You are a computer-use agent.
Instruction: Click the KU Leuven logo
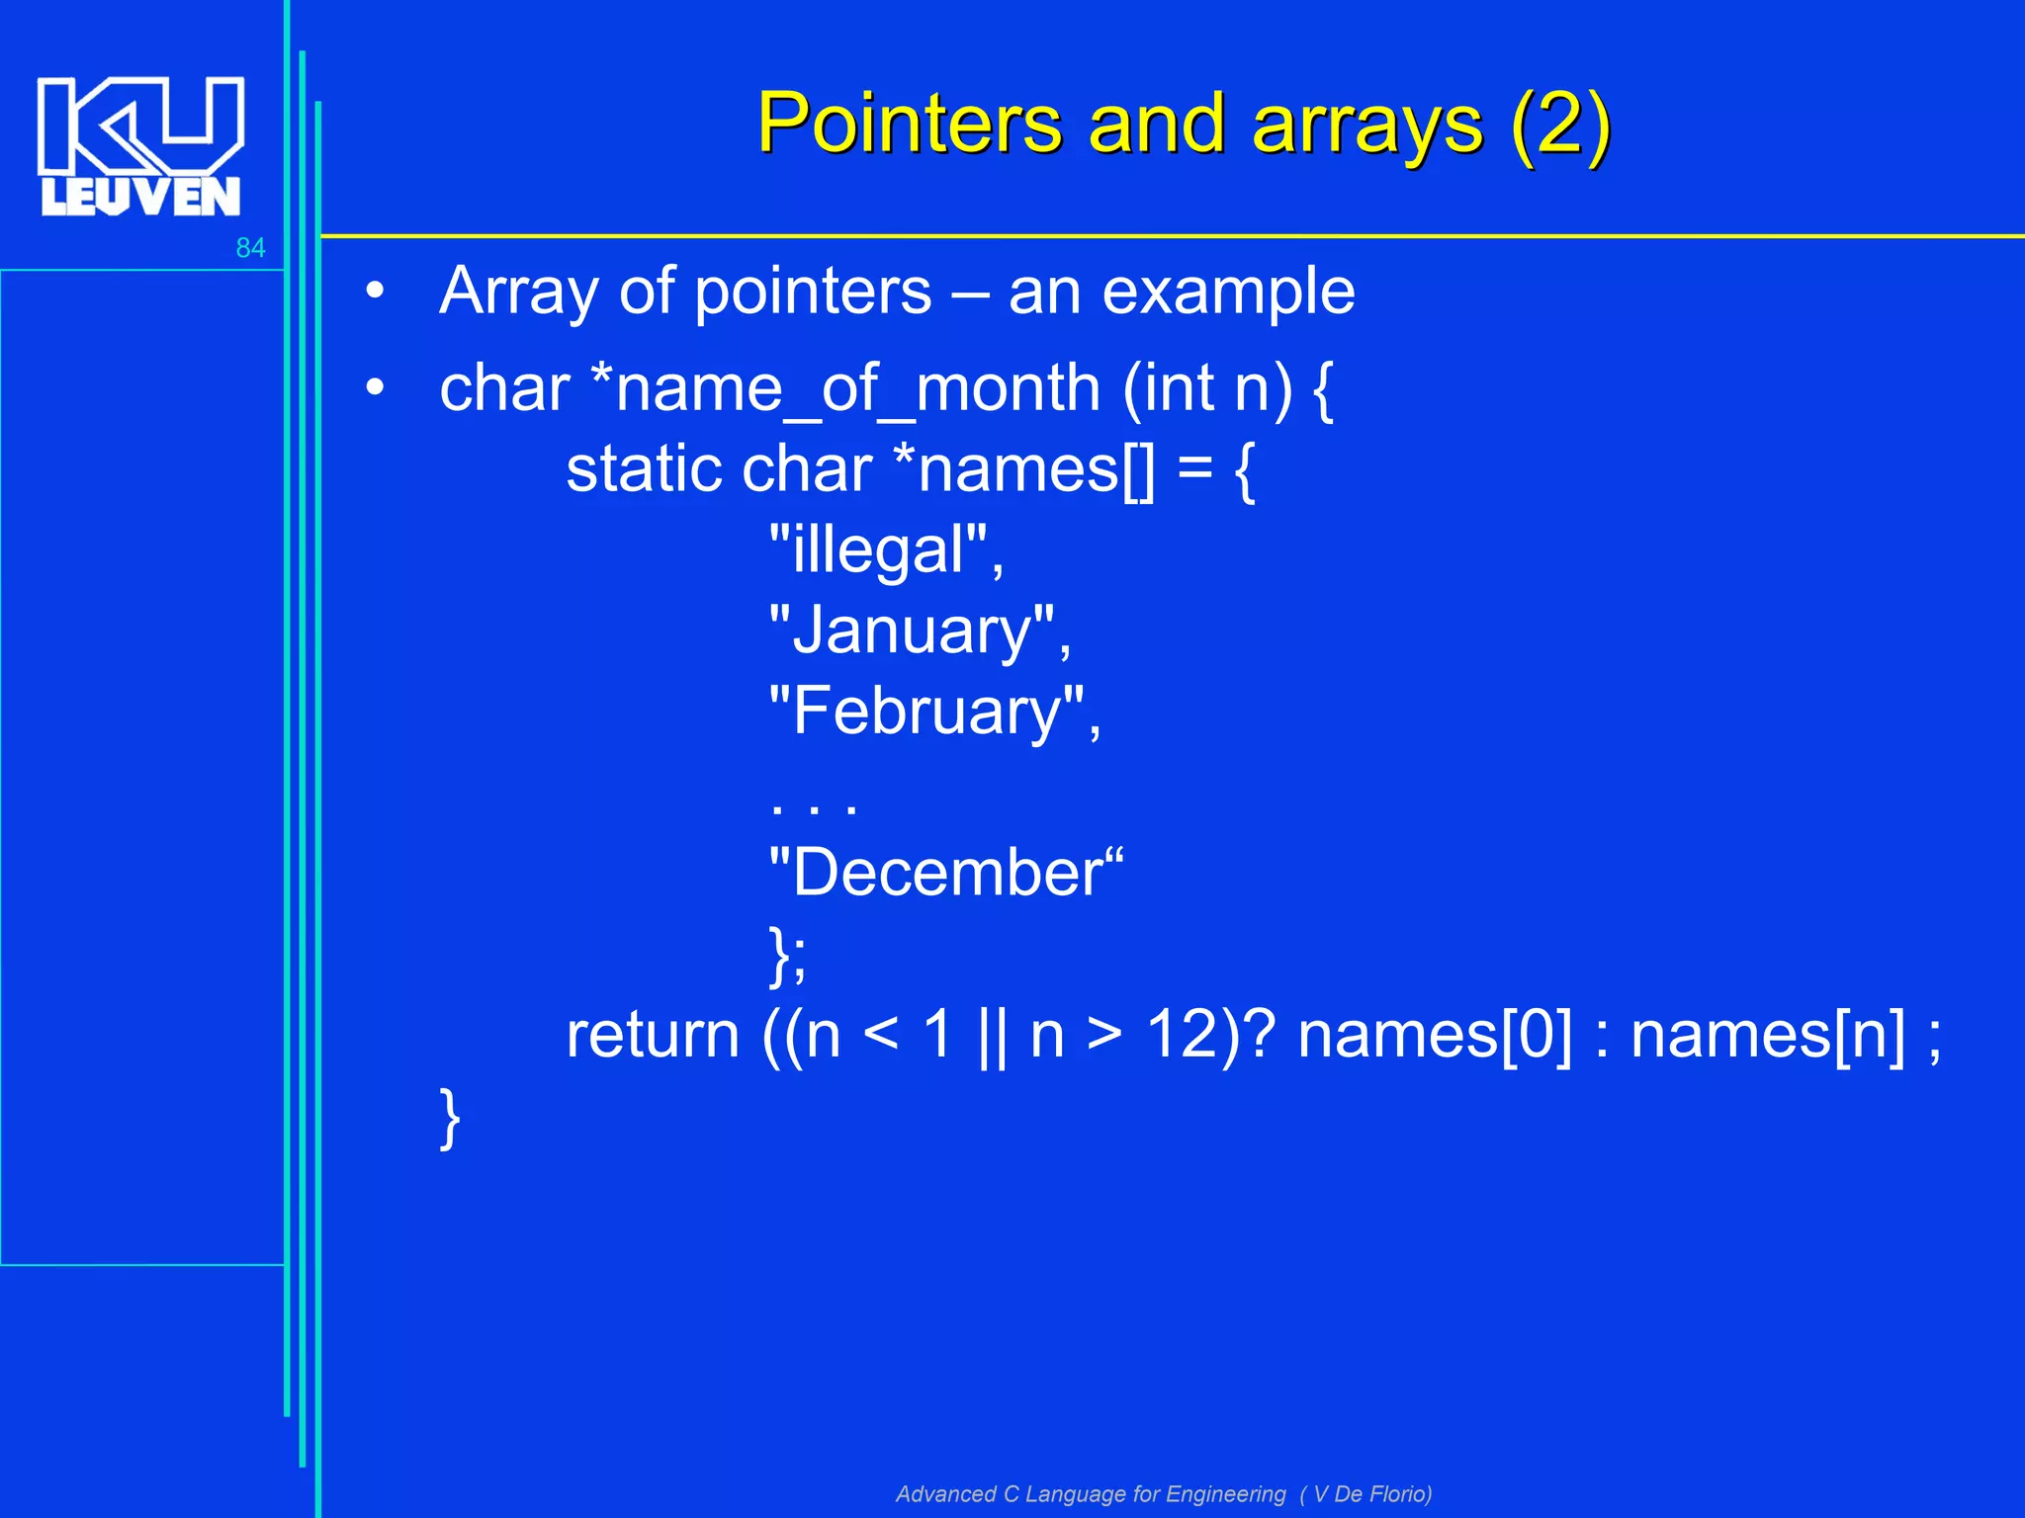click(x=140, y=146)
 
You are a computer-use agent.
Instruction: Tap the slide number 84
click(x=250, y=248)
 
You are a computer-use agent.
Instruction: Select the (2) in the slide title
click(x=1560, y=126)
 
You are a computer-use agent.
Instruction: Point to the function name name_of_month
click(x=856, y=389)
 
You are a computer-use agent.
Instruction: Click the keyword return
click(x=653, y=1036)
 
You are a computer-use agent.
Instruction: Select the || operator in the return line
click(x=991, y=1038)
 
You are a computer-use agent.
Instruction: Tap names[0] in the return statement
click(x=1434, y=1036)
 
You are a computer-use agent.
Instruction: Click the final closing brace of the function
click(x=450, y=1119)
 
